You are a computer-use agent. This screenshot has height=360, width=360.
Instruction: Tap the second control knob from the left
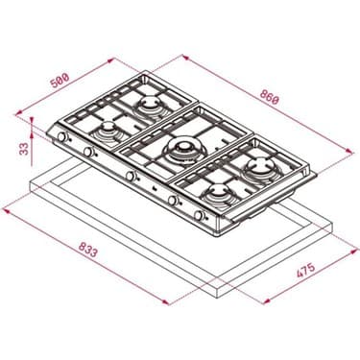click(x=88, y=153)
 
